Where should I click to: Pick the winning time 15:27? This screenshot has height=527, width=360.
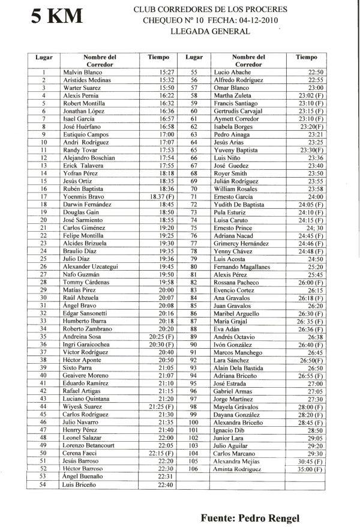(167, 72)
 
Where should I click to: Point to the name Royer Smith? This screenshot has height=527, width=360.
(231, 173)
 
